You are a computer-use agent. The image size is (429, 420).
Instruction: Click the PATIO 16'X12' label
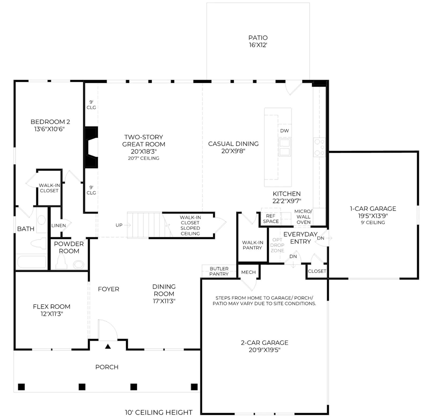[258, 41]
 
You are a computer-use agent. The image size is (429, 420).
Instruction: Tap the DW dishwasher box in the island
[284, 131]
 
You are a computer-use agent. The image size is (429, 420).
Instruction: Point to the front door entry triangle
[108, 346]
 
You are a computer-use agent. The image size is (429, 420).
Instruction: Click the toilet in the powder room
[61, 261]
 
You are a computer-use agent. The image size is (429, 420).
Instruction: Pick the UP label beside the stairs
[119, 225]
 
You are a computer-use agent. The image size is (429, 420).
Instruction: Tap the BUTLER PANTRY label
[219, 271]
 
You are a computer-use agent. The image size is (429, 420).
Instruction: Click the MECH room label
[249, 272]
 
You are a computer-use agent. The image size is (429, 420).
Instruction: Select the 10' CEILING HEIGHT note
[159, 412]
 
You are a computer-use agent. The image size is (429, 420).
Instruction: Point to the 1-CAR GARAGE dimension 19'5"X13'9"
[373, 216]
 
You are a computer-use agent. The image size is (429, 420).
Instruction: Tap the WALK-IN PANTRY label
[252, 245]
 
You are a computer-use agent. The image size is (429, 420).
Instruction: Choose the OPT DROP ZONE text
[277, 245]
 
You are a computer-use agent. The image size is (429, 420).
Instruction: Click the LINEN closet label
[58, 225]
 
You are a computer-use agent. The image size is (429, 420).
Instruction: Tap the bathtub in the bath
[32, 262]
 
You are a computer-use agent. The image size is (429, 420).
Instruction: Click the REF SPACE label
[271, 219]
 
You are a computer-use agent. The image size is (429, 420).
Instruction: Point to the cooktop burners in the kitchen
[319, 148]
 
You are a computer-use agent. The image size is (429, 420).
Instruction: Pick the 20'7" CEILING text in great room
[144, 158]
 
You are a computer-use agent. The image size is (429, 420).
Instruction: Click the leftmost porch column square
[21, 387]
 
